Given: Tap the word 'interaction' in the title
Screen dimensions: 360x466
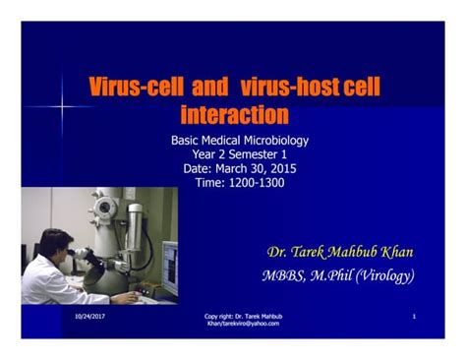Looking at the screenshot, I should [x=235, y=114].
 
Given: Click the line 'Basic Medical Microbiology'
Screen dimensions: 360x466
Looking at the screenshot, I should [x=239, y=141].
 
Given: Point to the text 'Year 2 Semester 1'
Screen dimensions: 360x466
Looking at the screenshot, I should [x=239, y=154].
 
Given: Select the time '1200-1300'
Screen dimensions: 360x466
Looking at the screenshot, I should [x=260, y=182].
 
